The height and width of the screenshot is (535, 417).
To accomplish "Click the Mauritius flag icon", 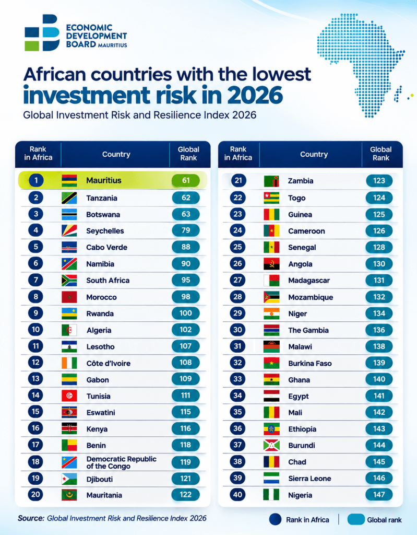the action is [x=69, y=180].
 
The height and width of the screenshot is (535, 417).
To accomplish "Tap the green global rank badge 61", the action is [x=186, y=180].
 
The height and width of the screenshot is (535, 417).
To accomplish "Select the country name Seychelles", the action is [x=105, y=231].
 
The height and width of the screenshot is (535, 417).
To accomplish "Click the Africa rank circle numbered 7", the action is [x=36, y=280].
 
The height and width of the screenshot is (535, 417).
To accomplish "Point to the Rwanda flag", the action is [x=69, y=313].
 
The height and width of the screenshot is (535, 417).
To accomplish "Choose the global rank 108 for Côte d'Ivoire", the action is [x=186, y=363].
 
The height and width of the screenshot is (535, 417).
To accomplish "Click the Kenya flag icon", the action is [x=69, y=428].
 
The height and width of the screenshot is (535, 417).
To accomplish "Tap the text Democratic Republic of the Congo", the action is [x=122, y=462].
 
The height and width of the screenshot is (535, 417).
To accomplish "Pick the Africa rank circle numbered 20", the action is [x=36, y=494].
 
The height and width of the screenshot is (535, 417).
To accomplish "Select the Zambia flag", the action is [x=271, y=181].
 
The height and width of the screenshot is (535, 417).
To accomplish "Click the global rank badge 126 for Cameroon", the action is [x=379, y=231].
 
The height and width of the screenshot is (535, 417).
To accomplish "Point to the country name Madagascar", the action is [x=309, y=281].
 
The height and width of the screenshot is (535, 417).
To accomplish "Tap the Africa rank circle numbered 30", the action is [x=237, y=330].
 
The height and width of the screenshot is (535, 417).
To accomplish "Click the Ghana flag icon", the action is [x=271, y=379].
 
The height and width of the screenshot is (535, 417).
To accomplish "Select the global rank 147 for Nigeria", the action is [x=379, y=494].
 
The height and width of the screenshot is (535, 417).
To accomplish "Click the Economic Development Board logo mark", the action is [x=42, y=33].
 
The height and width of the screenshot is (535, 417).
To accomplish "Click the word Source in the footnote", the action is [x=31, y=518].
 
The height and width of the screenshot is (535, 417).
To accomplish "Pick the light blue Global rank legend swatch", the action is [x=356, y=519].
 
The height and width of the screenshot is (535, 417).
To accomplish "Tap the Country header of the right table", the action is [x=314, y=154].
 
